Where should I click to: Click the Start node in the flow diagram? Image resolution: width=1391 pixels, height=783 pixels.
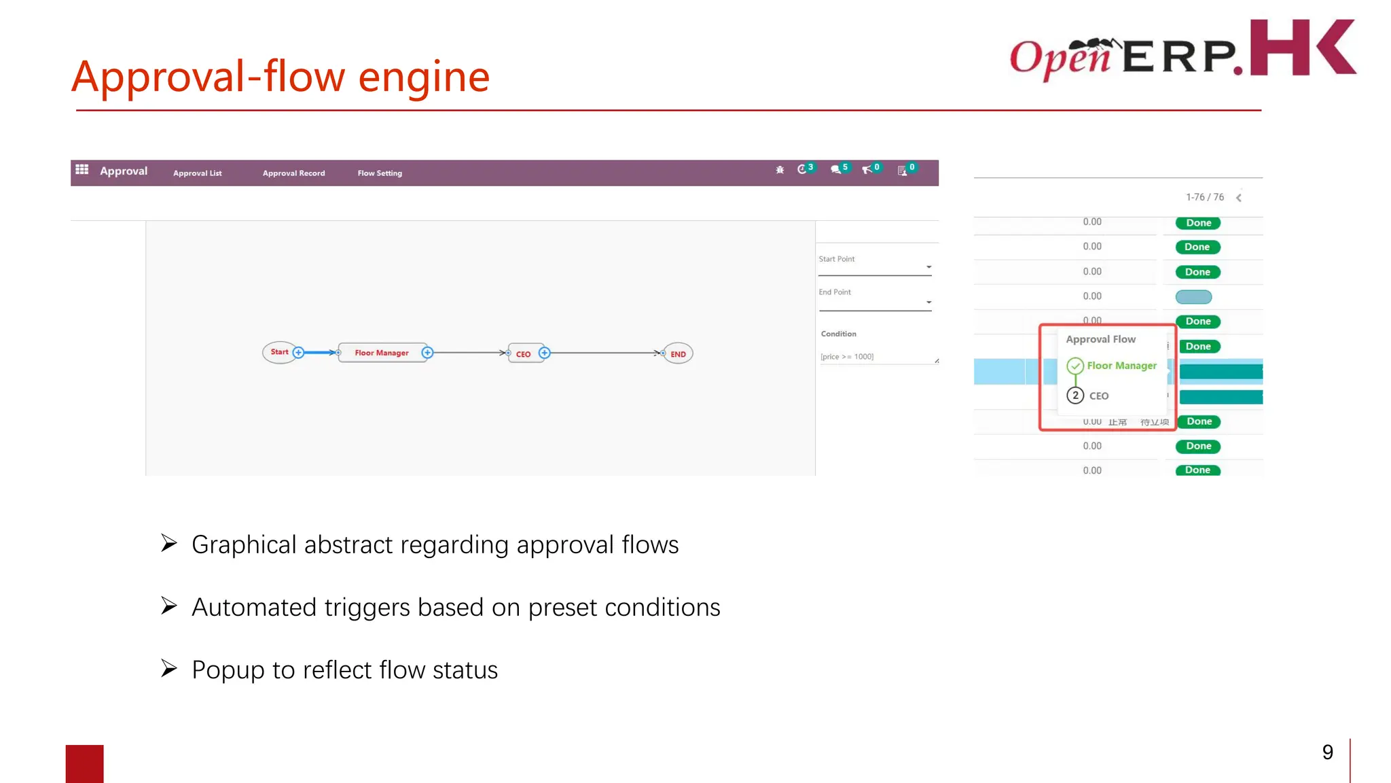click(x=278, y=352)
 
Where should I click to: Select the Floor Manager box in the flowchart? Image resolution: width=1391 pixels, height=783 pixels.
click(x=382, y=353)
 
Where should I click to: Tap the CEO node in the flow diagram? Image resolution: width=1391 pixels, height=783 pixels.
click(x=523, y=354)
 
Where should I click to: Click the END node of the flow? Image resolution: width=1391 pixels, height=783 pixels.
click(x=678, y=354)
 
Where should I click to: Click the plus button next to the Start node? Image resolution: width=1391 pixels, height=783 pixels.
click(x=298, y=352)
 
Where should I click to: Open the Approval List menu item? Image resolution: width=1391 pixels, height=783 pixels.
click(x=197, y=173)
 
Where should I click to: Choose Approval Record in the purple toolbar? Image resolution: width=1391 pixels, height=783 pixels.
click(x=293, y=173)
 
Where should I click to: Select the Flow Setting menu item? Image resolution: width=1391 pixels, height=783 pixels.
click(x=380, y=173)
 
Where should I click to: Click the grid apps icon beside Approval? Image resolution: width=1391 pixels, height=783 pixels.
click(x=82, y=169)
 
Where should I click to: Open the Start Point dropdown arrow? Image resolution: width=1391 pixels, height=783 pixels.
click(x=928, y=267)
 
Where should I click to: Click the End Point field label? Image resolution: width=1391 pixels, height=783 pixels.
click(x=835, y=292)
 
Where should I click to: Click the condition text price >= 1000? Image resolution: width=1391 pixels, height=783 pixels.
click(x=847, y=357)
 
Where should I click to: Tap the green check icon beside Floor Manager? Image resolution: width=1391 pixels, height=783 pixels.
click(x=1074, y=366)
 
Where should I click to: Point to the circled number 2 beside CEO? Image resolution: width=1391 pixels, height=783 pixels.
click(x=1074, y=396)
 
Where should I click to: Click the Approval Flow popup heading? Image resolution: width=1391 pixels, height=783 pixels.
click(x=1100, y=339)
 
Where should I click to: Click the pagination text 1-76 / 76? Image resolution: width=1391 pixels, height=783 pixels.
click(x=1204, y=197)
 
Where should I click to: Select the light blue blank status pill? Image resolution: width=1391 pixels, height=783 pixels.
click(x=1193, y=297)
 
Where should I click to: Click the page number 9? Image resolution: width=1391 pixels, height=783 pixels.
click(x=1327, y=752)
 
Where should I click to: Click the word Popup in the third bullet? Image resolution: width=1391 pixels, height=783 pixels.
click(x=228, y=670)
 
